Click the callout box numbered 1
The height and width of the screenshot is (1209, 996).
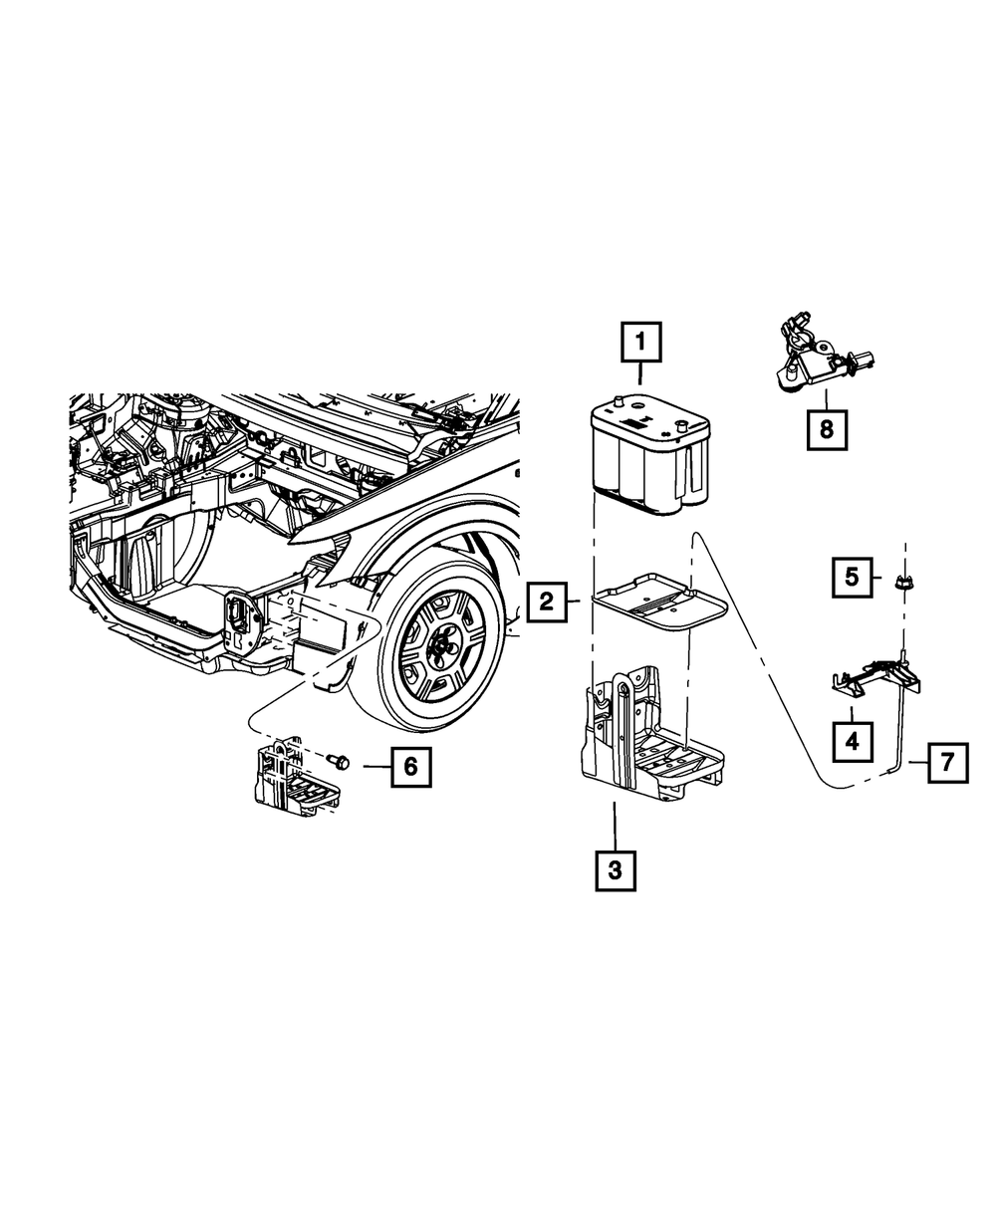tap(640, 343)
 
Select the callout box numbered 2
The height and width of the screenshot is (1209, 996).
tap(546, 603)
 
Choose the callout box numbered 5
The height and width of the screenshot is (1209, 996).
tap(852, 578)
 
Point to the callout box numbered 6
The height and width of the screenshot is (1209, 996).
tap(410, 767)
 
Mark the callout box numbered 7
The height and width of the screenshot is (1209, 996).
tap(947, 763)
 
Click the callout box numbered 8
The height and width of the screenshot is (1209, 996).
tap(827, 429)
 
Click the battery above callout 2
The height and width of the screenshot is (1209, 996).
tap(649, 454)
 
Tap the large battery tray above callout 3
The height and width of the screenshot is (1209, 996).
tap(651, 734)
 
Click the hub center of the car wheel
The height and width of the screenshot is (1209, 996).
tap(441, 651)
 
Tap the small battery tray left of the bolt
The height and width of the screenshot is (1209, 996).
tap(297, 777)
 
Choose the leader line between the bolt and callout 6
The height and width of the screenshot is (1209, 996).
tap(376, 767)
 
